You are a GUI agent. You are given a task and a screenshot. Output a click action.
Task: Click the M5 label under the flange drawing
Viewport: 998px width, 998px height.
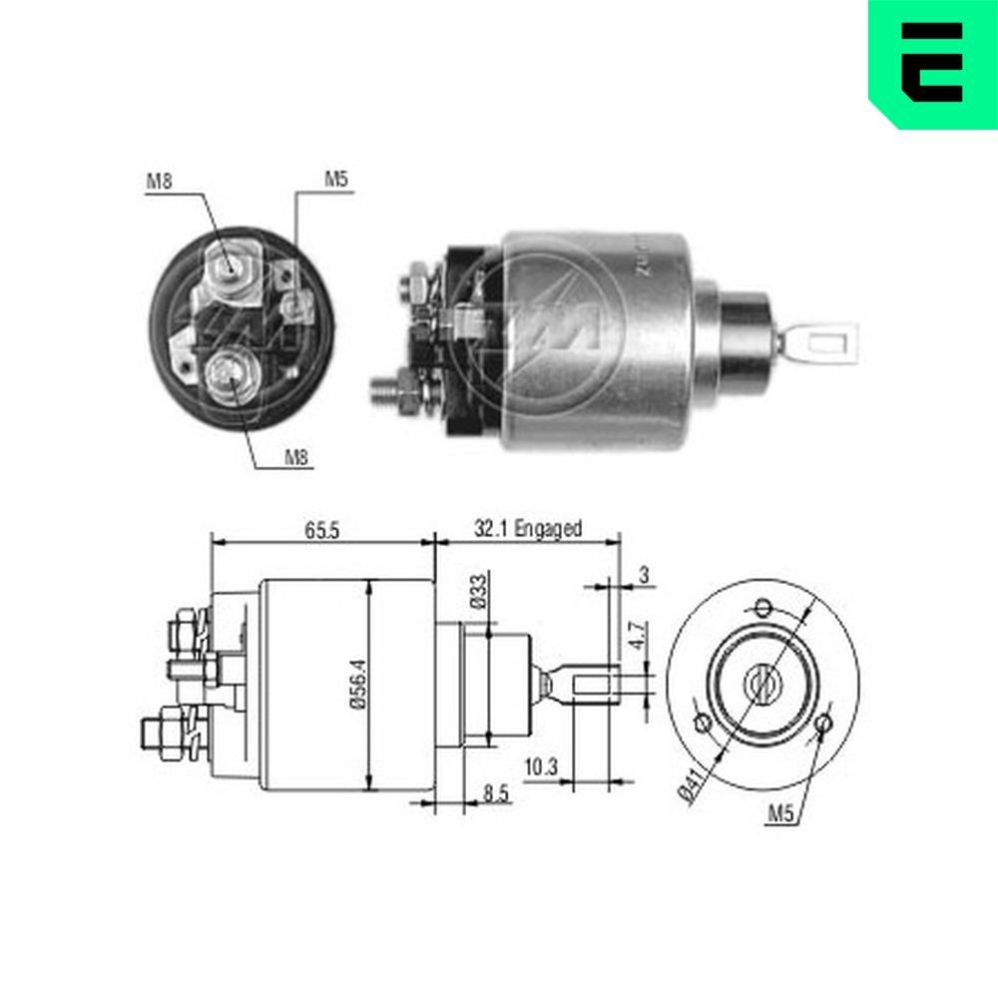click(780, 814)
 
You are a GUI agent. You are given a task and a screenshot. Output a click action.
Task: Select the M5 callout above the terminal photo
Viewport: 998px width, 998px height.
click(335, 181)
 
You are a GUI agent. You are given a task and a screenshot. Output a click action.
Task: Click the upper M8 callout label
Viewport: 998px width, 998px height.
click(160, 181)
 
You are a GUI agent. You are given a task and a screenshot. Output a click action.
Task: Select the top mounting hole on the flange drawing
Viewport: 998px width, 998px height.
click(763, 607)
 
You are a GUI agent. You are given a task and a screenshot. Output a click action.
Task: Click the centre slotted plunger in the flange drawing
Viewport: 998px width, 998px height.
click(762, 685)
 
